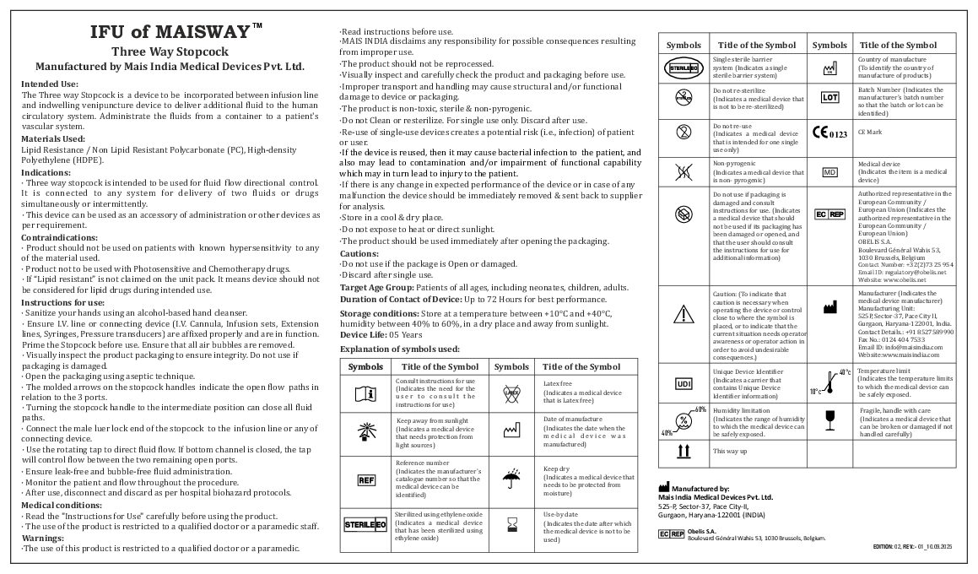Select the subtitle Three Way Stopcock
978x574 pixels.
[170, 51]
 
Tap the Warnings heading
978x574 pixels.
[44, 537]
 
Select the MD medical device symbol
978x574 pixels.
[829, 171]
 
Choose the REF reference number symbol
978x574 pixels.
[365, 480]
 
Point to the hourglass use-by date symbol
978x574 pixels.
[511, 527]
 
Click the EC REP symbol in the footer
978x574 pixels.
[671, 534]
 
